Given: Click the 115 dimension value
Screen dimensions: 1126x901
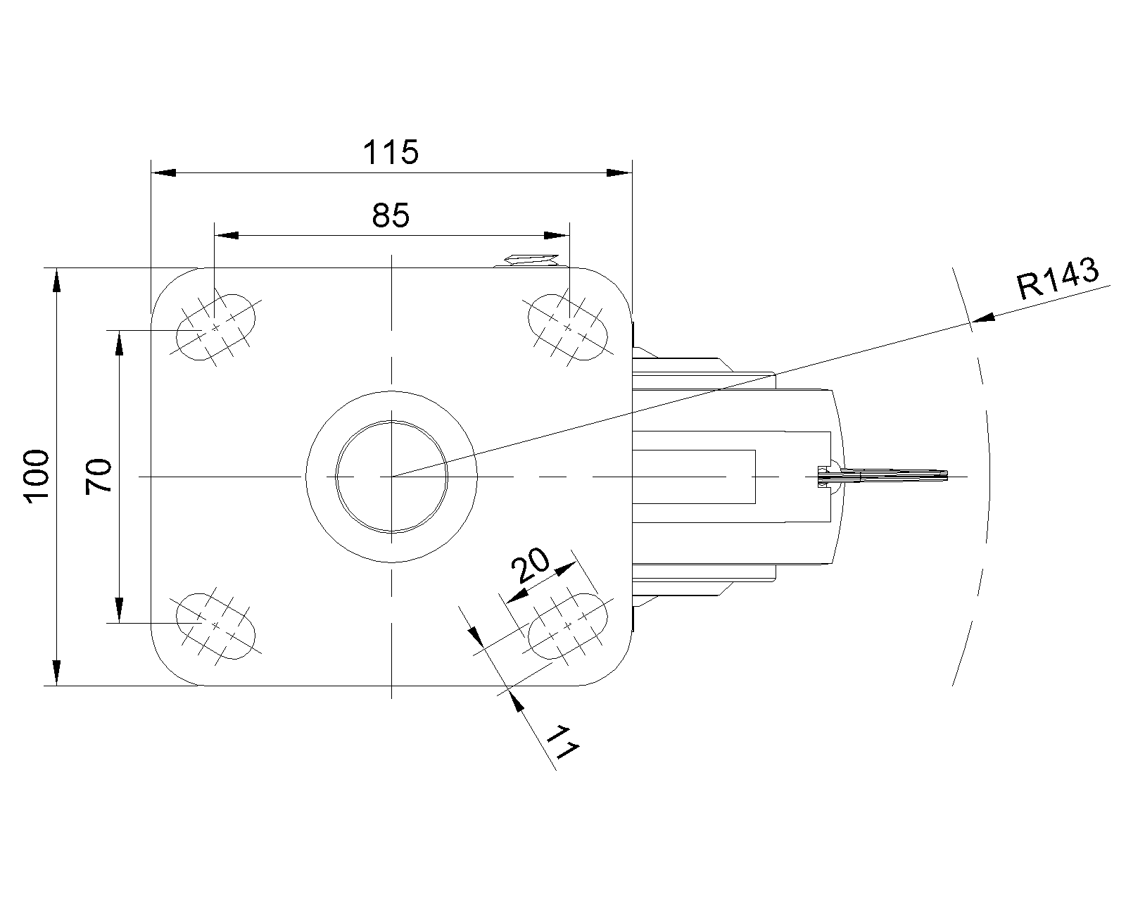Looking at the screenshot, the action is coord(391,152).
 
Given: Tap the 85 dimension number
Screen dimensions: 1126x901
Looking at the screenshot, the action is coord(391,215).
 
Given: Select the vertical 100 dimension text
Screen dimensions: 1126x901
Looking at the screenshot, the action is coord(36,477).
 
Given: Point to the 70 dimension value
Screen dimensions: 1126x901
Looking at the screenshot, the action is coord(99,476).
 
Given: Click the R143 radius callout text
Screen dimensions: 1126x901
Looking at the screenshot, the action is coord(1057,278).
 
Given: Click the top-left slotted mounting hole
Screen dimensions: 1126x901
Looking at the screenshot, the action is coord(215,328).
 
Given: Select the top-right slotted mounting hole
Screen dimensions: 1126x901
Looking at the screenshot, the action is coord(568,328).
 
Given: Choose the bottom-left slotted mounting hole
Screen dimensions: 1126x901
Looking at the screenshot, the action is coord(215,626).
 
